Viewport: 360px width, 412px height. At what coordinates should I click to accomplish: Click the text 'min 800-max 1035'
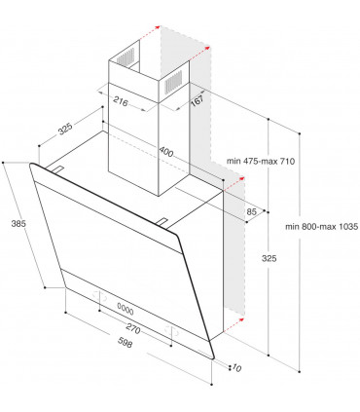(322, 226)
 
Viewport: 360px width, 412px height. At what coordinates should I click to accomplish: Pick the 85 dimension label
(252, 212)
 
